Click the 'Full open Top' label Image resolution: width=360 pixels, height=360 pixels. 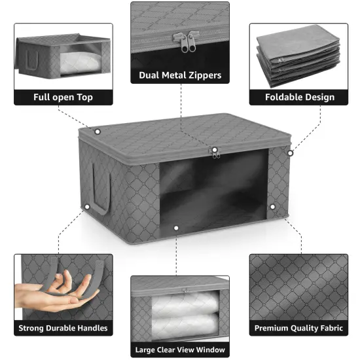click(x=63, y=98)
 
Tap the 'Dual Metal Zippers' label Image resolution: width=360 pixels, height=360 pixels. click(x=180, y=75)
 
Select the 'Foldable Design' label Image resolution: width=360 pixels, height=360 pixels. click(x=300, y=98)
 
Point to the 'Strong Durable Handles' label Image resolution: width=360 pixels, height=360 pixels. click(x=63, y=328)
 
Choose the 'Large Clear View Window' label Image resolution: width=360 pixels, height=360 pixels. click(x=180, y=350)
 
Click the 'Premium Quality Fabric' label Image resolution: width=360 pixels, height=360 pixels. click(x=300, y=328)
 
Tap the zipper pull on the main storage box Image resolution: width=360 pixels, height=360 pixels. click(x=214, y=152)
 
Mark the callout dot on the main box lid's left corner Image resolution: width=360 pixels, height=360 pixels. click(x=98, y=132)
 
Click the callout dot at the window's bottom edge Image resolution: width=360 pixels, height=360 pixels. click(x=175, y=228)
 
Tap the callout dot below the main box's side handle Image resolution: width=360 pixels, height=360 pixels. click(x=86, y=207)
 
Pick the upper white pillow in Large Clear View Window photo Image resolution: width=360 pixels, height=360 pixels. click(x=179, y=303)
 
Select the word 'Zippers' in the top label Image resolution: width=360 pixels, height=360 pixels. click(x=202, y=75)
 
